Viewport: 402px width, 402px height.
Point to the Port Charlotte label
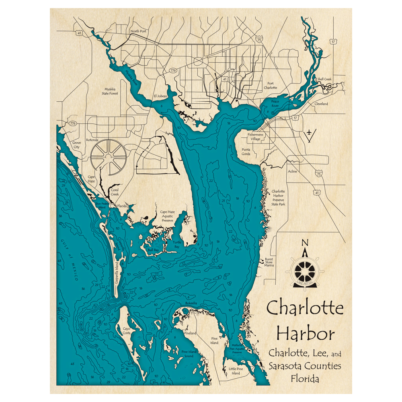pos(270,86)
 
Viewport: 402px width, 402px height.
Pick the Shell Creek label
pos(324,79)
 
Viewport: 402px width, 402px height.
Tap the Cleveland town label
pos(321,104)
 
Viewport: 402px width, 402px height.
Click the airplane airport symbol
pos(308,132)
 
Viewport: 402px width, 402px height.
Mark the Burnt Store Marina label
pos(269,263)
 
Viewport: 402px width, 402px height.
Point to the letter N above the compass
pos(305,243)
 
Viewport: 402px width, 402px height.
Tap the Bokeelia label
pos(191,303)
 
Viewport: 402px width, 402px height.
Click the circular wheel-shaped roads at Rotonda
pos(108,155)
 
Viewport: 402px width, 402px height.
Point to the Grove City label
pos(76,145)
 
